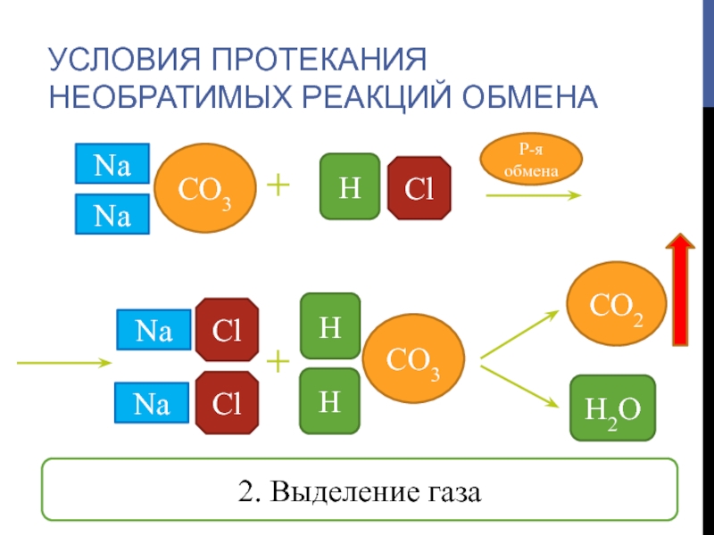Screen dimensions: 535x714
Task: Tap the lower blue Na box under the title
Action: click(112, 216)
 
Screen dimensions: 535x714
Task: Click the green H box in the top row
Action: click(350, 185)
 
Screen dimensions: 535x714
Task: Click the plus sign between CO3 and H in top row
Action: click(279, 185)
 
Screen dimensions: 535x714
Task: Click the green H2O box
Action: click(612, 407)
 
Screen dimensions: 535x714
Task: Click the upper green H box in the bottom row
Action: click(330, 325)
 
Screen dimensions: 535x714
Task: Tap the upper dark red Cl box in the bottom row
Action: click(227, 327)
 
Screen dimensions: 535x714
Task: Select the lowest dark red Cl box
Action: click(227, 402)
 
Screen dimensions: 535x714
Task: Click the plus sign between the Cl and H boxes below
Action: click(279, 361)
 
